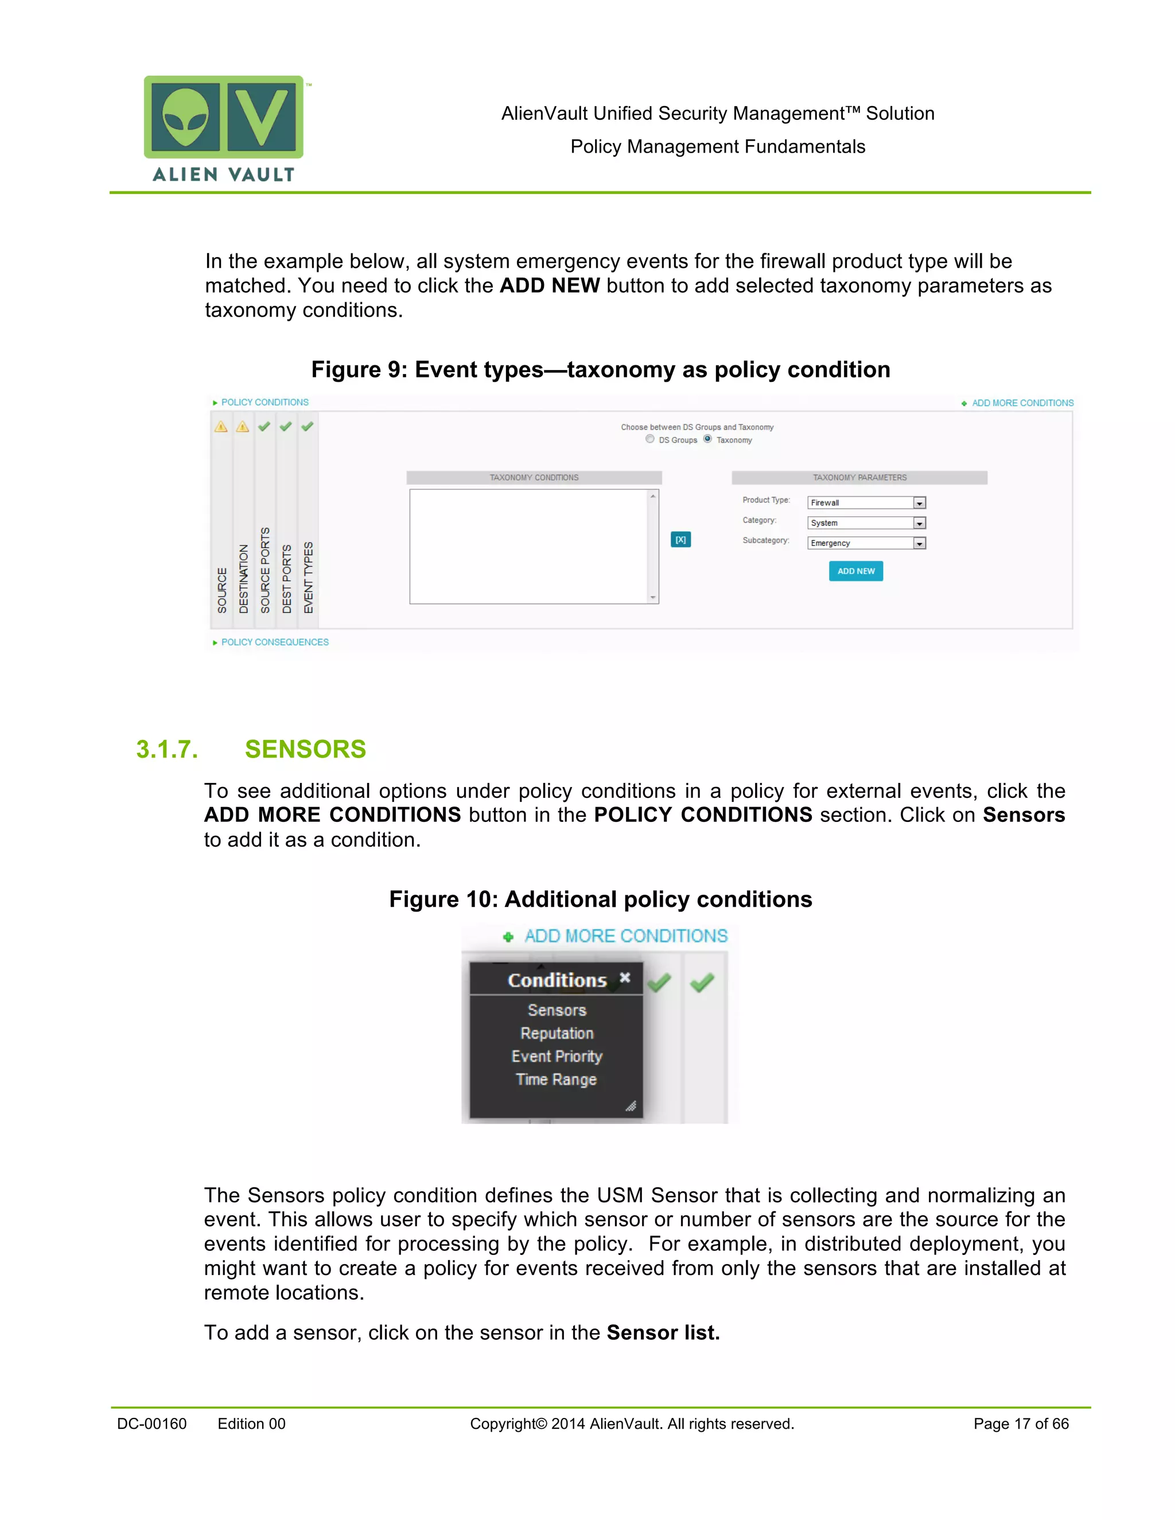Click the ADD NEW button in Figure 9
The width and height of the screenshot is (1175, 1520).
coord(855,571)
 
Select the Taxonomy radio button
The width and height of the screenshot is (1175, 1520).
coord(708,439)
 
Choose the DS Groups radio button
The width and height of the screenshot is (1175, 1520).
coord(650,439)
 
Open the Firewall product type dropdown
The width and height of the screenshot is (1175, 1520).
coord(919,502)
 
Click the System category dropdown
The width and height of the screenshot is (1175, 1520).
coord(919,523)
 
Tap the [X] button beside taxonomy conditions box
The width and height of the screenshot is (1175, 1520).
coord(680,539)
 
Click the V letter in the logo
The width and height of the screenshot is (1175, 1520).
coord(262,116)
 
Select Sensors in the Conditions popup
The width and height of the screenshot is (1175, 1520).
coord(557,1010)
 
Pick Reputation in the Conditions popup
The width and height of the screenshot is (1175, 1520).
coord(557,1033)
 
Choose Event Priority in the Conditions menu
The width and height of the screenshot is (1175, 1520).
coord(557,1056)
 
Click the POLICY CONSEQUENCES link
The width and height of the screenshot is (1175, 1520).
coord(274,642)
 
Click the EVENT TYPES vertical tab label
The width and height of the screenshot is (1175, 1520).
coord(308,577)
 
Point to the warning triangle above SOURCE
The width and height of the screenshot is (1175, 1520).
coord(221,427)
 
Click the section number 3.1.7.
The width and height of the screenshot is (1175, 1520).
coord(167,749)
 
